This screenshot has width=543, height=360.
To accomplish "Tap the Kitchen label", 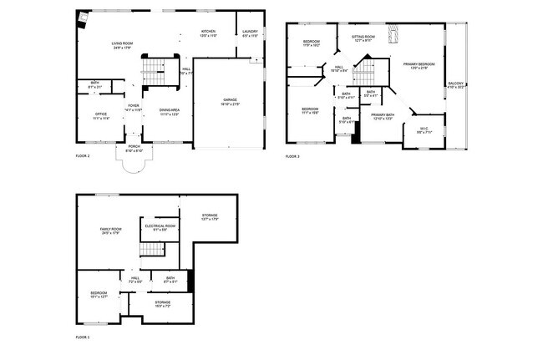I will tap(209, 33).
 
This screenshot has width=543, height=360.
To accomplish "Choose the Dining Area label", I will tap(170, 111).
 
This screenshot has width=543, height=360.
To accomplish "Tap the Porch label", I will tap(134, 149).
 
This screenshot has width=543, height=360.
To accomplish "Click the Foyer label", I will tap(134, 108).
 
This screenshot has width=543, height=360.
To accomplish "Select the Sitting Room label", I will tap(363, 38).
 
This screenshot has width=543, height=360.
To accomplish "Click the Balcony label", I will tap(455, 84).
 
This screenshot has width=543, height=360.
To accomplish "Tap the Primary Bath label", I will tap(383, 116).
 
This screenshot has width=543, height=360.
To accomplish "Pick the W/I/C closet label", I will tap(424, 129).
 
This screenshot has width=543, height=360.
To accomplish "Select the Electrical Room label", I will tap(160, 226).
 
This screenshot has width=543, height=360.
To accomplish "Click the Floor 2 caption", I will tap(83, 156).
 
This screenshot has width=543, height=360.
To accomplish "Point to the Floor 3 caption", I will tap(292, 156).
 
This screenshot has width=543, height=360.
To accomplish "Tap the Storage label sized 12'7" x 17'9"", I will tap(209, 216).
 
